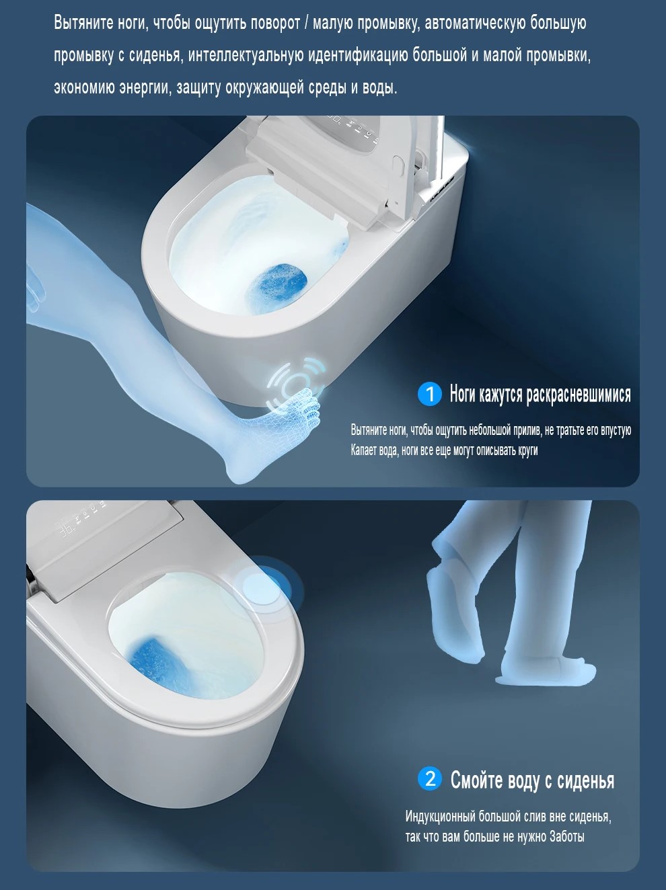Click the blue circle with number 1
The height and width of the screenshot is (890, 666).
(x=430, y=393)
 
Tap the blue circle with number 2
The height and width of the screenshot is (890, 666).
(x=430, y=778)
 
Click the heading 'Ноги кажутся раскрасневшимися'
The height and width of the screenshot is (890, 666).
(x=540, y=394)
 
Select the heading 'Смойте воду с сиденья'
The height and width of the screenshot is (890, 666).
(x=532, y=779)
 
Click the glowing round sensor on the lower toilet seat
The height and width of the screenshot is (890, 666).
(x=261, y=586)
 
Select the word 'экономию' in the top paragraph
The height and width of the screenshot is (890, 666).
(x=84, y=87)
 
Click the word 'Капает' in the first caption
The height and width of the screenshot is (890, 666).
(x=364, y=450)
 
